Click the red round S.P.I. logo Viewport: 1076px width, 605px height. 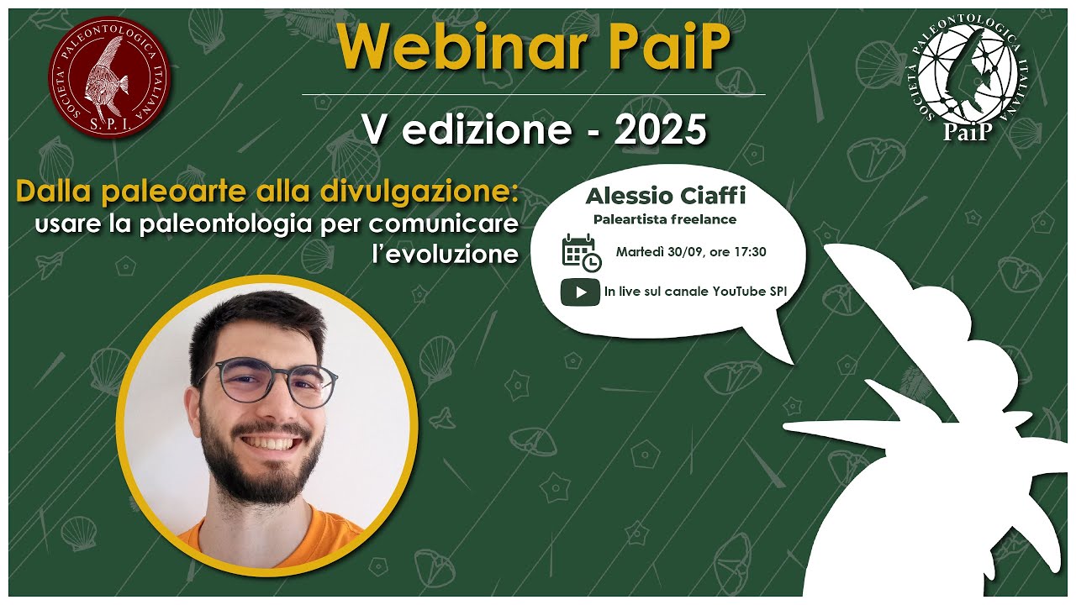point(109,77)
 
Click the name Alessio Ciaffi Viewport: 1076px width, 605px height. point(665,196)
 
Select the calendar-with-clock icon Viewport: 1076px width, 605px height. point(581,253)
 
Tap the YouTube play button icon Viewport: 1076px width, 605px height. point(580,292)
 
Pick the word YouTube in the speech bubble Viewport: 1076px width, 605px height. point(740,292)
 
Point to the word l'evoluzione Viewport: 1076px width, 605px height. point(445,255)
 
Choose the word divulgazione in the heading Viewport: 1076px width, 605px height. point(417,192)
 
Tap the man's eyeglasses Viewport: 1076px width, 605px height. point(267,382)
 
